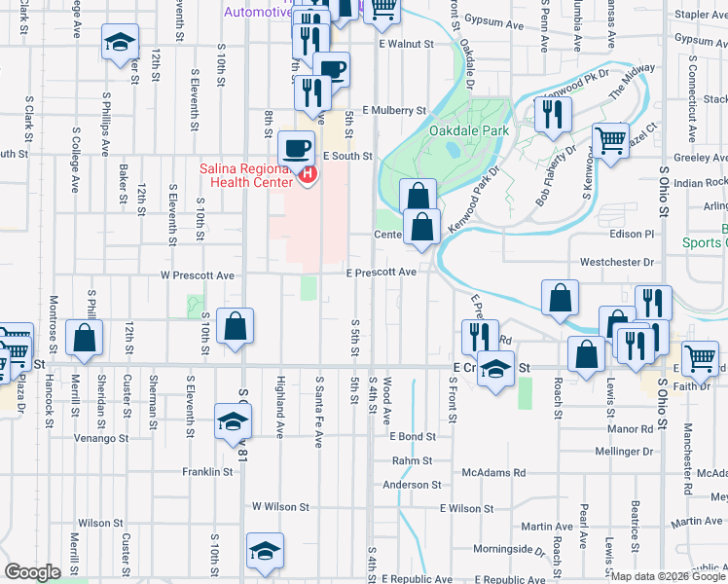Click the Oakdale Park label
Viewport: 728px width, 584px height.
[469, 130]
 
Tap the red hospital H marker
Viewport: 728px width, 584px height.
[308, 175]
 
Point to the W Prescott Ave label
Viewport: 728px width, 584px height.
[198, 275]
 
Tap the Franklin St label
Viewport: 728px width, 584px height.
[208, 472]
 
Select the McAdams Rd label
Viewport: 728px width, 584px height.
[493, 472]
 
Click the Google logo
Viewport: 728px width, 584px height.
[32, 572]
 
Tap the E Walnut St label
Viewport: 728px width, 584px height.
[406, 44]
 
